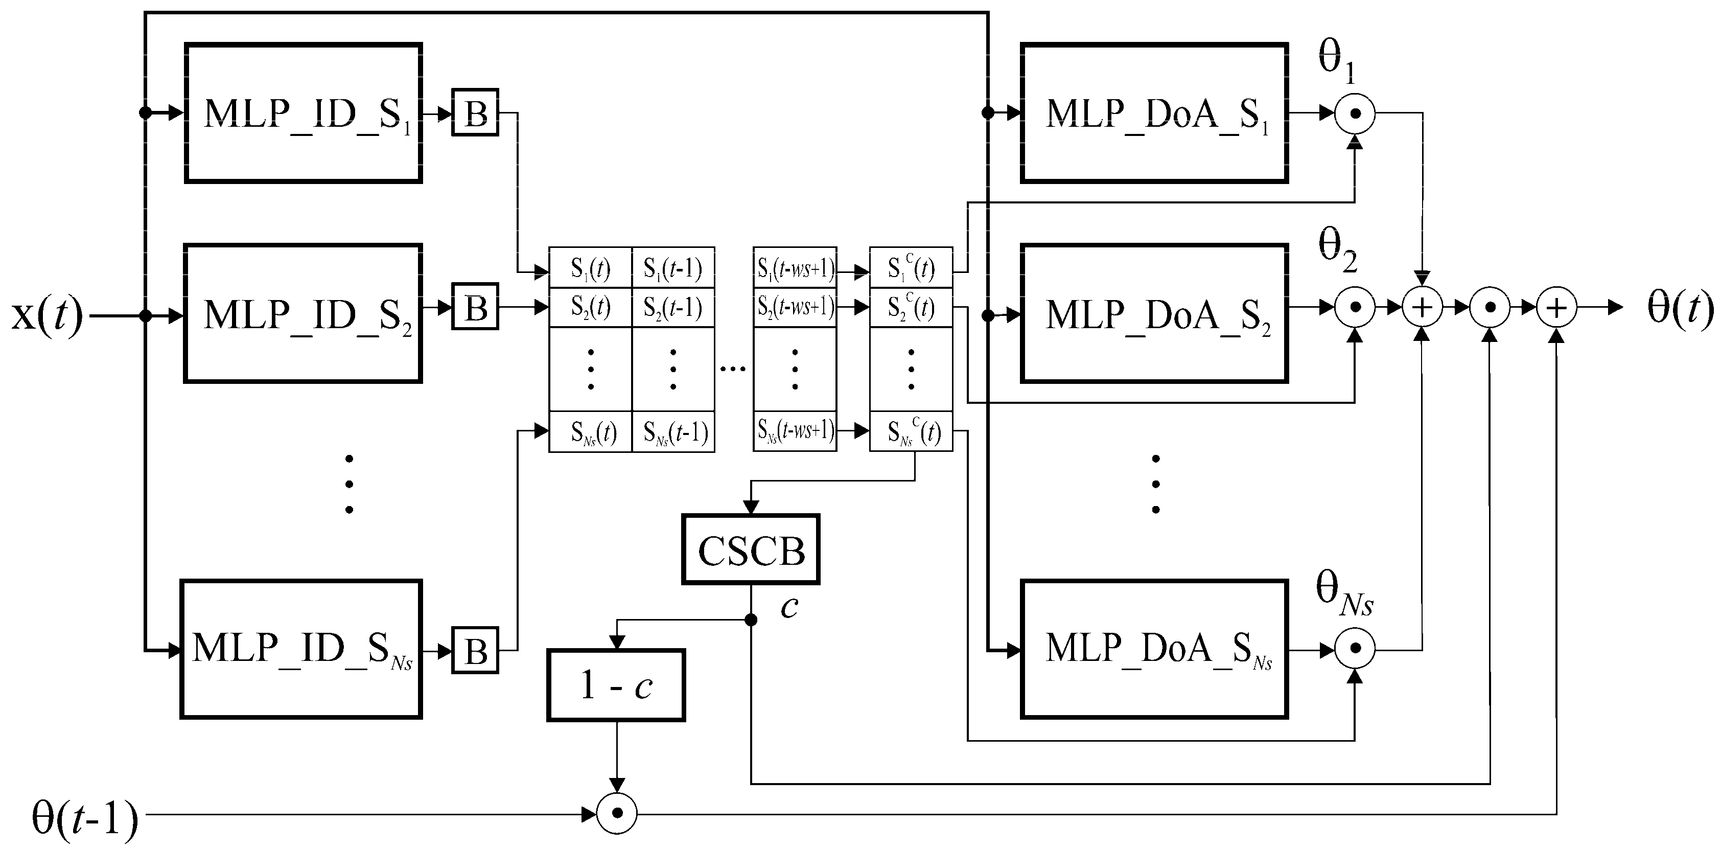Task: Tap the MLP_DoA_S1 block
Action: click(x=1154, y=113)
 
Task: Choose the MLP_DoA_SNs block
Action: click(x=1154, y=649)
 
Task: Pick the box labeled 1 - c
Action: click(x=616, y=685)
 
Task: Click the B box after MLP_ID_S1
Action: click(x=475, y=112)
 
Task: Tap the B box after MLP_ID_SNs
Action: click(x=475, y=650)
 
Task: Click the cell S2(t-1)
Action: click(x=673, y=307)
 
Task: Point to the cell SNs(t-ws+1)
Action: click(x=795, y=431)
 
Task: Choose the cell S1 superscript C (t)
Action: click(x=911, y=268)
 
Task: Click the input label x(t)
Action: click(x=47, y=314)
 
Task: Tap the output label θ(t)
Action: click(x=1680, y=307)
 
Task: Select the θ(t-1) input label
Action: click(x=85, y=817)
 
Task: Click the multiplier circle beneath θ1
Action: click(x=1355, y=113)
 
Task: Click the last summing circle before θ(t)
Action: click(x=1556, y=307)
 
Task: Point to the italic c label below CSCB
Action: click(x=789, y=607)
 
